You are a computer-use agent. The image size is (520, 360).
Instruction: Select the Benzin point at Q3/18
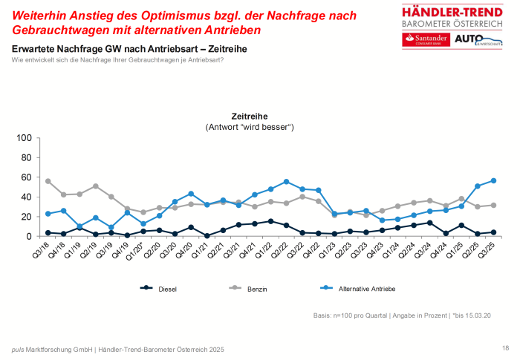48,181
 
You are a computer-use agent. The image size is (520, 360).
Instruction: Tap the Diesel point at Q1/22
270,221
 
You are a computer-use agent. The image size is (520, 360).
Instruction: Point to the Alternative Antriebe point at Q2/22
286,182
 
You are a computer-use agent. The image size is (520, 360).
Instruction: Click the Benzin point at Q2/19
95,186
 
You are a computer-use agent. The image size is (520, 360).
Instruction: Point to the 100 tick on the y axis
23,138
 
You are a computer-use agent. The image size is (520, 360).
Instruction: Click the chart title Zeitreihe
250,117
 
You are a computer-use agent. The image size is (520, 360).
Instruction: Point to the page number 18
505,347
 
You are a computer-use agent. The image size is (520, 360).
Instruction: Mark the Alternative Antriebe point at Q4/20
191,194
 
